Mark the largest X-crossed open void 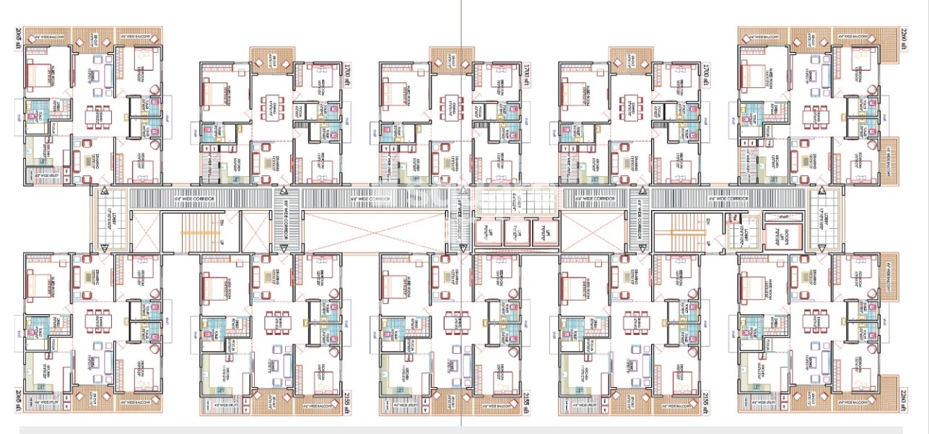374,232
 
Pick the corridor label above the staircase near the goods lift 728,198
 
